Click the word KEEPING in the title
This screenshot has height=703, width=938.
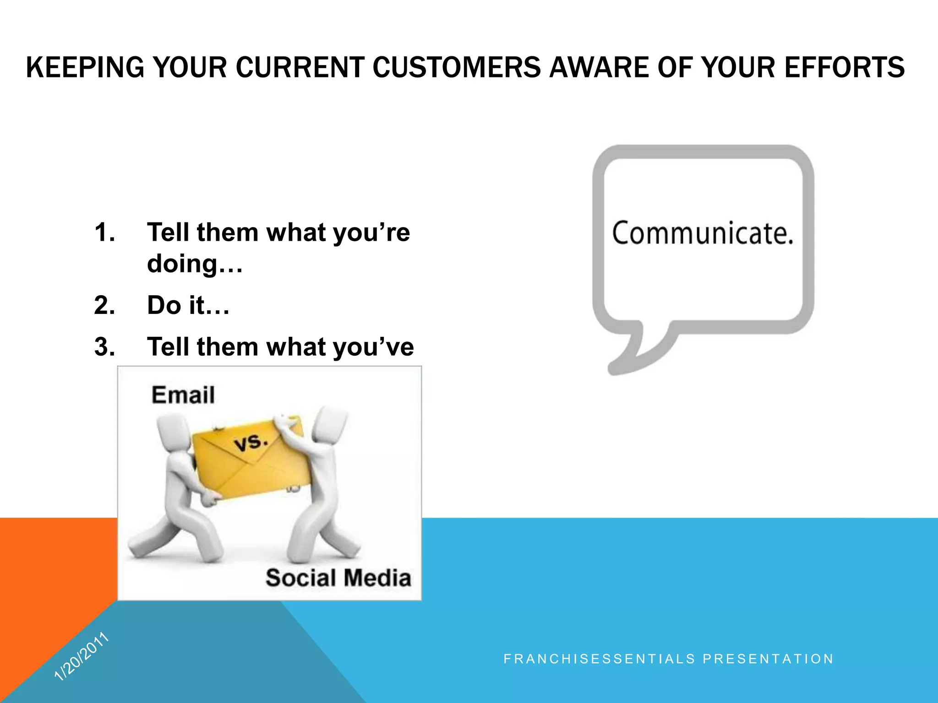tap(85, 68)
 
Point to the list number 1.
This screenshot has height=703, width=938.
tap(104, 233)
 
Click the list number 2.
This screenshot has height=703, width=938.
tap(104, 305)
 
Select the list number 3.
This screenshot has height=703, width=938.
tap(104, 347)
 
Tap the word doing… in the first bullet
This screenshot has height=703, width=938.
tap(195, 264)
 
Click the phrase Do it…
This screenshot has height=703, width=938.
tap(188, 305)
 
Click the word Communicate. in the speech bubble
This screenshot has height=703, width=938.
tap(703, 233)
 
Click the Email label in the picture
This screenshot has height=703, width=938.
tap(183, 395)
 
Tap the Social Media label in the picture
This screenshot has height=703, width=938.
tap(338, 578)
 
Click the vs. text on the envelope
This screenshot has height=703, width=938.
tap(251, 443)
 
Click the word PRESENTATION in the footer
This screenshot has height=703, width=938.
tap(768, 659)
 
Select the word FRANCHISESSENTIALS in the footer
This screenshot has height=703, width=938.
tap(600, 659)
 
